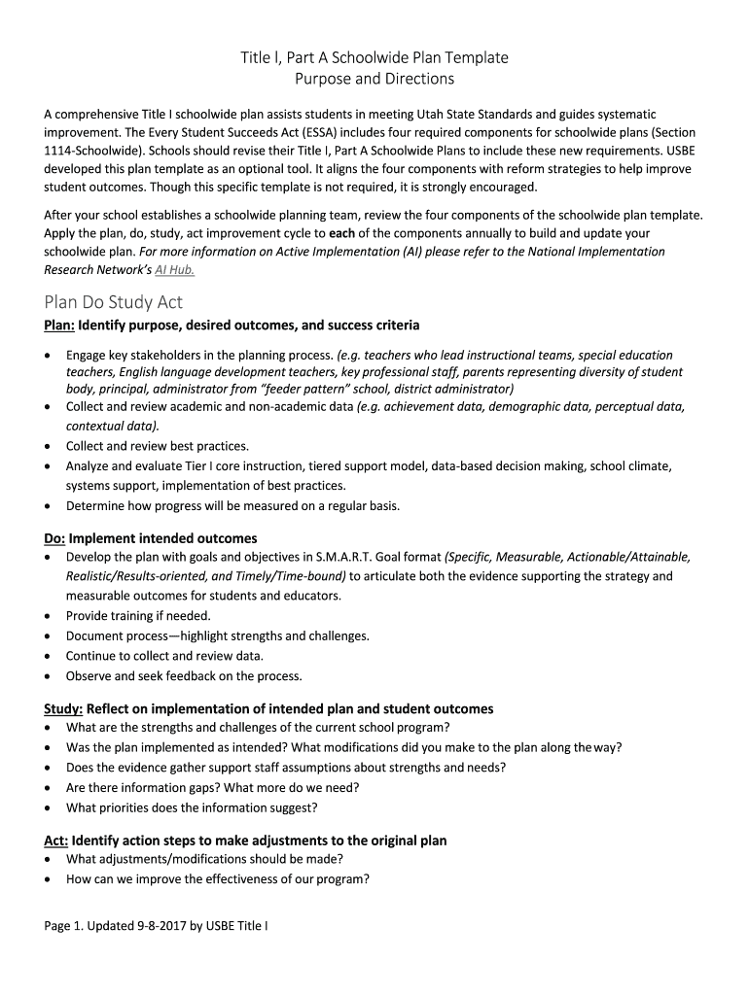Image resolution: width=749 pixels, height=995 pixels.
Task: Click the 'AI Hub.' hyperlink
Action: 175,270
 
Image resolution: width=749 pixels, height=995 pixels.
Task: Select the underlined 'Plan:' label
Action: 59,325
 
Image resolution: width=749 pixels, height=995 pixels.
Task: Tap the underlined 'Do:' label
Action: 54,537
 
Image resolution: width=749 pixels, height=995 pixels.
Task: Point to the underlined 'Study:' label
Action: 63,708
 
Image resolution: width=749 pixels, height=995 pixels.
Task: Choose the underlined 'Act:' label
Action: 55,840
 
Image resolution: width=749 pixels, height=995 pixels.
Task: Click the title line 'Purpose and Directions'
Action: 374,79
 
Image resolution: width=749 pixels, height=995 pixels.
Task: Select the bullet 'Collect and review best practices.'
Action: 158,446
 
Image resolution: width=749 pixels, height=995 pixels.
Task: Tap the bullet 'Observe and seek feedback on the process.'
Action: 184,675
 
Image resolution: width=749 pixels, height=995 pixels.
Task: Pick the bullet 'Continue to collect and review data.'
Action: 164,655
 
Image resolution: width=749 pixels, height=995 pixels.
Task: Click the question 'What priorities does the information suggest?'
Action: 192,806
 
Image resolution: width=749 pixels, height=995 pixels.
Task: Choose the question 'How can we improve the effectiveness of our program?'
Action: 217,879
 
